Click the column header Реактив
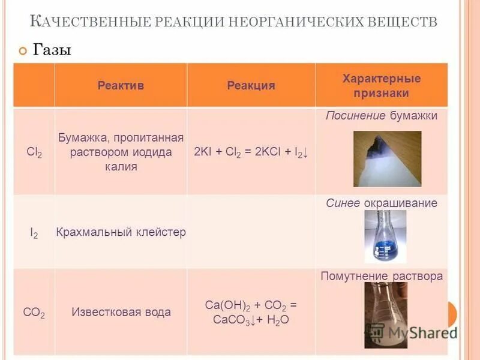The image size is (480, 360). [121, 85]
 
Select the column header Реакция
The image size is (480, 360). [251, 85]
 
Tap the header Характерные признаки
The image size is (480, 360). [381, 86]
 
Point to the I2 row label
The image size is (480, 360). [34, 232]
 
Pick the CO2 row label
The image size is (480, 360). [34, 312]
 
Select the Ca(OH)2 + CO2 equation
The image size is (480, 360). [251, 312]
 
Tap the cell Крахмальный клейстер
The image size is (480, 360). [121, 232]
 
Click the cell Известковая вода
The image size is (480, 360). [121, 312]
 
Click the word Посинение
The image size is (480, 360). [355, 116]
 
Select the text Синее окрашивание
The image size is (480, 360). [382, 203]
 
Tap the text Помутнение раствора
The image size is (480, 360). [382, 277]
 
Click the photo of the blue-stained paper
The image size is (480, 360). [387, 159]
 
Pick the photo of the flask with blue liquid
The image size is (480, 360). [385, 236]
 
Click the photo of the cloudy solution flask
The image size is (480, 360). [385, 314]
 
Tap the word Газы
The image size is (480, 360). [52, 50]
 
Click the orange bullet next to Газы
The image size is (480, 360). [23, 51]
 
